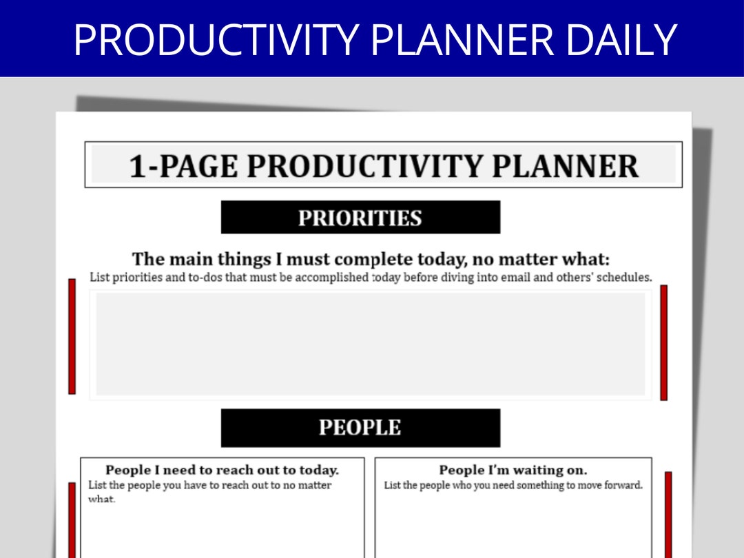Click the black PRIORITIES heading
[x=360, y=218]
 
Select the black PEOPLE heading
[x=360, y=428]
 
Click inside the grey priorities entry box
[x=370, y=344]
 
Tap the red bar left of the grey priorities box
[x=72, y=336]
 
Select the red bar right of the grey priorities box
[x=664, y=342]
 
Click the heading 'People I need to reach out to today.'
[x=222, y=471]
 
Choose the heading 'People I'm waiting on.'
[x=513, y=471]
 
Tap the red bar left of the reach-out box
[x=72, y=520]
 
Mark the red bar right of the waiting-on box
[x=668, y=515]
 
